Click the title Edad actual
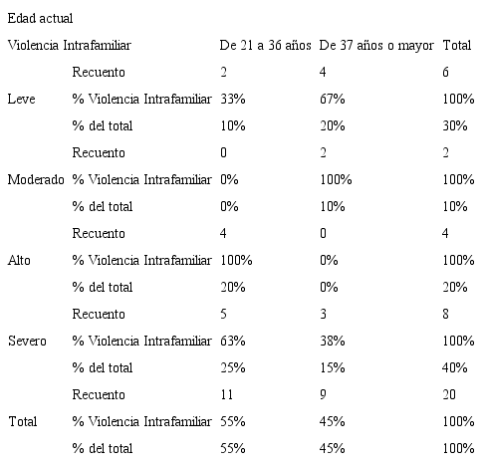pyautogui.click(x=39, y=18)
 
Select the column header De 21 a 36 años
pyautogui.click(x=265, y=45)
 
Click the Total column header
pyautogui.click(x=457, y=45)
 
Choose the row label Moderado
pyautogui.click(x=36, y=179)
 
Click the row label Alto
pyautogui.click(x=19, y=260)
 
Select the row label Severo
pyautogui.click(x=27, y=341)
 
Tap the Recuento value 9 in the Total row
pyautogui.click(x=326, y=394)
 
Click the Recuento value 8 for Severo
pyautogui.click(x=446, y=314)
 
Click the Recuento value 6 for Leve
pyautogui.click(x=446, y=72)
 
